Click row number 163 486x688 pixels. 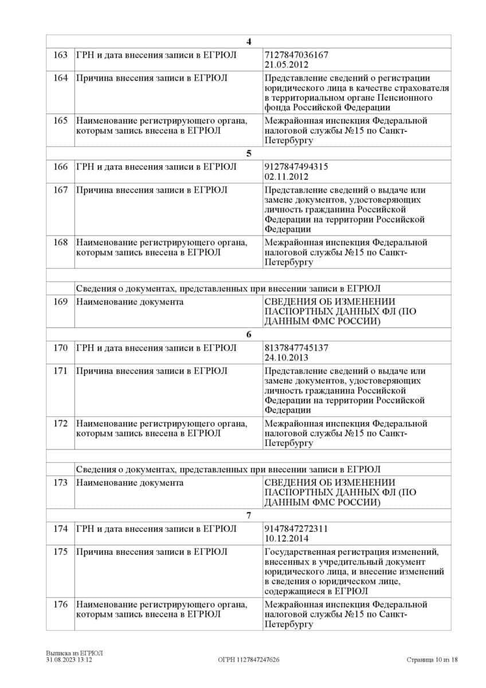60,54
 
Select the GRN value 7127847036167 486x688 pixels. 296,54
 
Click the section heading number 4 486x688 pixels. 248,41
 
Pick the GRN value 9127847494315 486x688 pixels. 296,167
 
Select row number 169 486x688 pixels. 60,302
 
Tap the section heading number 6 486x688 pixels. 248,334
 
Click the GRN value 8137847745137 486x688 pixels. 296,347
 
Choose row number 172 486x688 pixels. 60,424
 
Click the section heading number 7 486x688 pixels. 248,515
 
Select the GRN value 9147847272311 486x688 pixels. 296,529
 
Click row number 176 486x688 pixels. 60,604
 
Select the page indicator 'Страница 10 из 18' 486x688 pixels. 432,660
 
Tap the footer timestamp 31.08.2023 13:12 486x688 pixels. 69,660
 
